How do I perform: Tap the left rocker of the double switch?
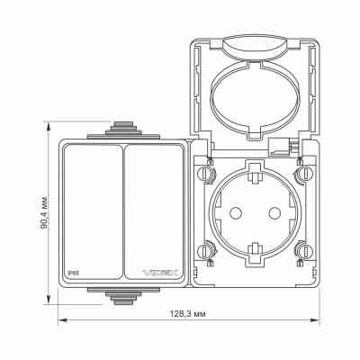pos(92,211)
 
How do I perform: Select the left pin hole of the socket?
pos(238,211)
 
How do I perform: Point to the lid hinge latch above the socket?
pos(283,144)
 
